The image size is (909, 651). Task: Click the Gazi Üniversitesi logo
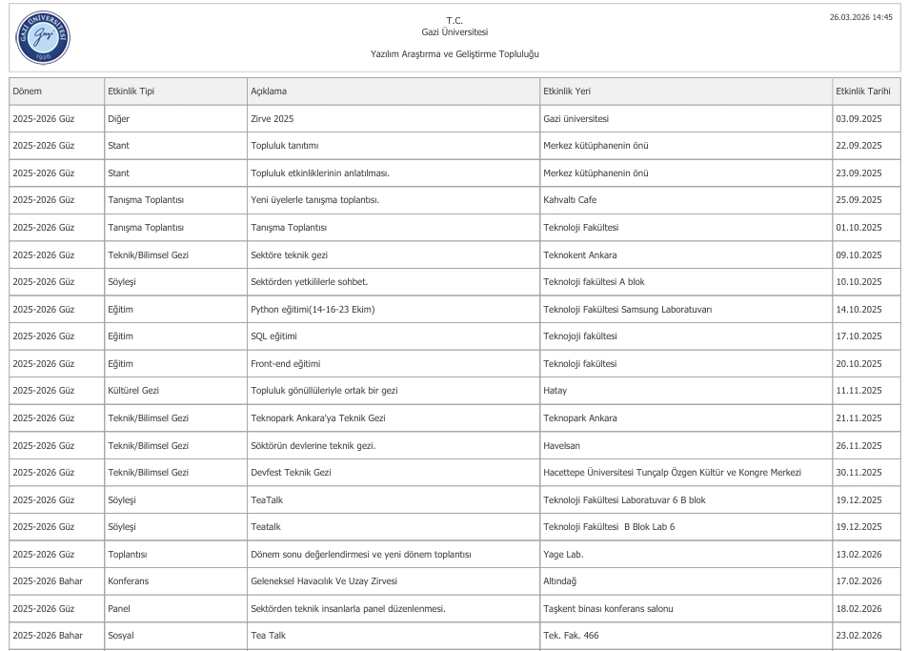[43, 38]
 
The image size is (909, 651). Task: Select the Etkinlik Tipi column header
[131, 92]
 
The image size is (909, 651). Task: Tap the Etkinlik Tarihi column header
[862, 92]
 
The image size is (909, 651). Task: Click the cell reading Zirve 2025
[273, 119]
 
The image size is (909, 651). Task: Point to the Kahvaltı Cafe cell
[570, 200]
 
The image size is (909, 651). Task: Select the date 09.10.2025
[858, 255]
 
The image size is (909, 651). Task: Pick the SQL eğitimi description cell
[274, 336]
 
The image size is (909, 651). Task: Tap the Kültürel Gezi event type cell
[133, 391]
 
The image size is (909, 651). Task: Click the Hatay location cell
[555, 391]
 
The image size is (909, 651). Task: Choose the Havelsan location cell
[561, 445]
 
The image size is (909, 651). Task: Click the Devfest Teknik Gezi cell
[291, 473]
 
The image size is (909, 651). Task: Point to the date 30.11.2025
[858, 473]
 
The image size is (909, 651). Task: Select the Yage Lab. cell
[563, 554]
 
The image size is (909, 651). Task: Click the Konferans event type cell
[129, 581]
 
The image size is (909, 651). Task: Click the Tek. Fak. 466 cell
[571, 636]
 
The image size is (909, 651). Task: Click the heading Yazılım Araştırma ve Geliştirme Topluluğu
[454, 54]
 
